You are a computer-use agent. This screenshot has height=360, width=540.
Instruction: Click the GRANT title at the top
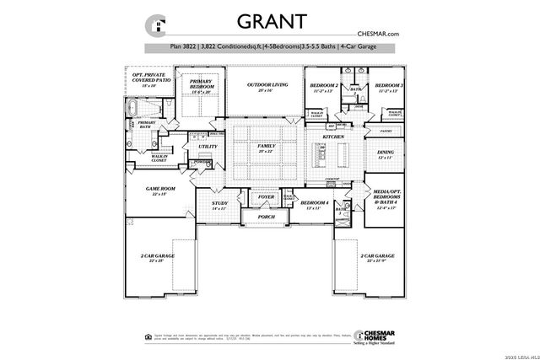click(x=270, y=21)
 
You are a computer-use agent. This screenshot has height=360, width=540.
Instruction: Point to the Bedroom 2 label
click(x=323, y=87)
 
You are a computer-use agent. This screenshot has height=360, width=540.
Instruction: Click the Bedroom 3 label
click(x=389, y=87)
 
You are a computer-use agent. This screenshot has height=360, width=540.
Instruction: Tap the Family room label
click(x=267, y=148)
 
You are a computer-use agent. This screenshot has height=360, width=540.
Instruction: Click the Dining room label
click(x=385, y=153)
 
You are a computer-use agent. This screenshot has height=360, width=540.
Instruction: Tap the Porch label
click(x=267, y=217)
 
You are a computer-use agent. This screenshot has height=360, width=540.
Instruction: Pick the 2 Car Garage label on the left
click(x=158, y=256)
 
